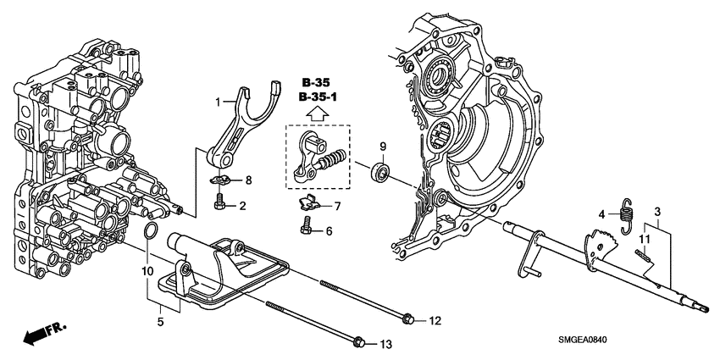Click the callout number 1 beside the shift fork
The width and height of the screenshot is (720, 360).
[217, 102]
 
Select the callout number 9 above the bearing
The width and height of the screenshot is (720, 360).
[383, 145]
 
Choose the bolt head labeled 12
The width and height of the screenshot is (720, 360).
[408, 319]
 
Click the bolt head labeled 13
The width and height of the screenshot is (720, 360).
[357, 342]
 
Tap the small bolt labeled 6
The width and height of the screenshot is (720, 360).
[307, 225]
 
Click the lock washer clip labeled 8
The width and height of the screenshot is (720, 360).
[221, 180]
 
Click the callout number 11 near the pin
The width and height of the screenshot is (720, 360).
[643, 240]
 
